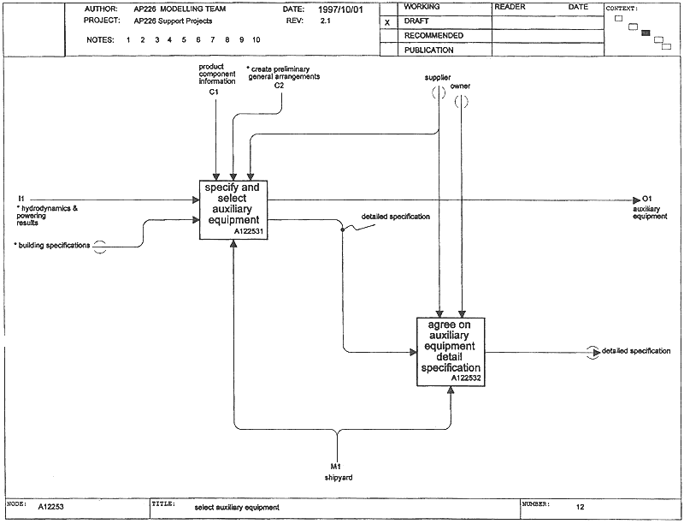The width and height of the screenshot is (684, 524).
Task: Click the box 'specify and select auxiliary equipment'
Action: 233,210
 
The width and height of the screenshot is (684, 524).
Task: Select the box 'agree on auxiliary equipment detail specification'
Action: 451,352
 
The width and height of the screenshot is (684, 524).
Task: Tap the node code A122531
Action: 249,232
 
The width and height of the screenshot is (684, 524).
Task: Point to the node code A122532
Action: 466,378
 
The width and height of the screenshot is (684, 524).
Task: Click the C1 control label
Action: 214,92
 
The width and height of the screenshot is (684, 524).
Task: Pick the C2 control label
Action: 279,86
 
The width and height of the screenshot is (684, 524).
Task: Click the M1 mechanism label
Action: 336,467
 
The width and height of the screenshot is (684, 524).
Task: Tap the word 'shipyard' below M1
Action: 339,478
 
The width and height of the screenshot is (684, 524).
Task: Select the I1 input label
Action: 21,199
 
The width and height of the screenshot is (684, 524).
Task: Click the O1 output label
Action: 647,199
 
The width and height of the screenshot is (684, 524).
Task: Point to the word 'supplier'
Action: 438,78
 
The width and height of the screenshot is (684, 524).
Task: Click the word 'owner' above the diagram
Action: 460,86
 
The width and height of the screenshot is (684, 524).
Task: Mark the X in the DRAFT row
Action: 387,23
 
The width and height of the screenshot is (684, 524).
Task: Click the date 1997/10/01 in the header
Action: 340,9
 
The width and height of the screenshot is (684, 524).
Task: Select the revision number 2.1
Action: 326,21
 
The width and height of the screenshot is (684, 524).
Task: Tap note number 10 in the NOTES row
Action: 256,39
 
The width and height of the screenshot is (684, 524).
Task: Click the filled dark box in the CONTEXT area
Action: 646,33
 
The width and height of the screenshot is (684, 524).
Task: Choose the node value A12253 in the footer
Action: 50,507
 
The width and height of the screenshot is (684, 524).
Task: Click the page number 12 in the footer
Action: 581,507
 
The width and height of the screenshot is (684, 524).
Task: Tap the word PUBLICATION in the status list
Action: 429,51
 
